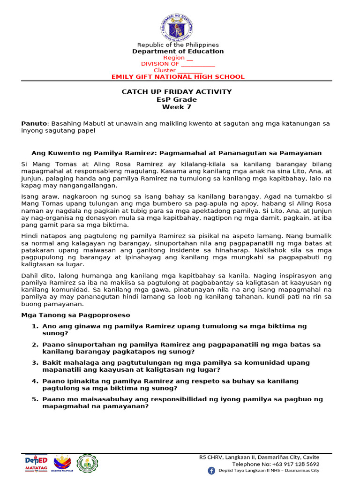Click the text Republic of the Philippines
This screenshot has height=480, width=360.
(178, 45)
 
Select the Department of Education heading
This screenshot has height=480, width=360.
(178, 51)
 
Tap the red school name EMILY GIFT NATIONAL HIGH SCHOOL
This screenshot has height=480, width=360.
(178, 77)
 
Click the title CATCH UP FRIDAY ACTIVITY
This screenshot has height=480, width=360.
(177, 92)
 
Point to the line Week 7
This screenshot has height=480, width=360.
(177, 107)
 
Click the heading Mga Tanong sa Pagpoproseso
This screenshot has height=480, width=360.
(75, 315)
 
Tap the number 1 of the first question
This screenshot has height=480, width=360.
(35, 326)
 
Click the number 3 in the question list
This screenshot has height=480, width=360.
(35, 362)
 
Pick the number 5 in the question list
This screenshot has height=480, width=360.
(35, 399)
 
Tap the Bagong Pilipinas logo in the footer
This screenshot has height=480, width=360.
(63, 464)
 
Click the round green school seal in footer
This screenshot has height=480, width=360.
(87, 463)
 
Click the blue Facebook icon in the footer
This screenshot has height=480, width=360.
(211, 470)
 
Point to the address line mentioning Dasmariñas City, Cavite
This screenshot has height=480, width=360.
(259, 457)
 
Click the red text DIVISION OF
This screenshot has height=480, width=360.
(160, 64)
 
